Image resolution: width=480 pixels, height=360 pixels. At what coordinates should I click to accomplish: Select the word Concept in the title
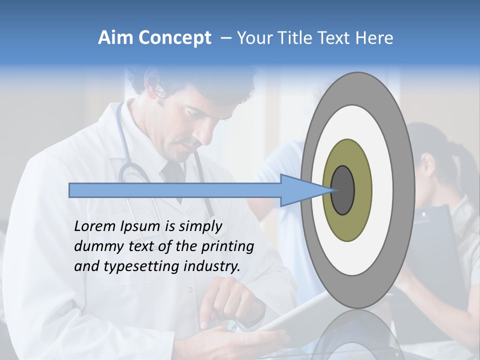[175, 38]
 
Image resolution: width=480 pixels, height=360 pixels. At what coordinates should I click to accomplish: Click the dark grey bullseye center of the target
[342, 190]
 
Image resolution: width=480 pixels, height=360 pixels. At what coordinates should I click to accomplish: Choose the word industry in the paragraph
[212, 266]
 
